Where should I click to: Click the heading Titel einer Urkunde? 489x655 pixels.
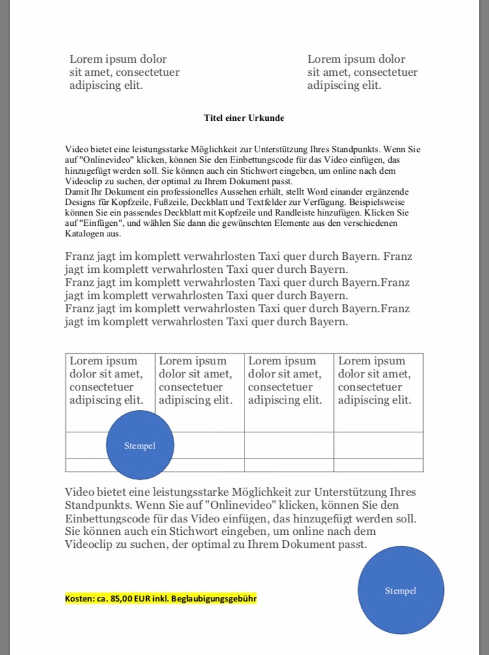tap(244, 118)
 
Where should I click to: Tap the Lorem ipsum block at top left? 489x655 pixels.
tap(124, 72)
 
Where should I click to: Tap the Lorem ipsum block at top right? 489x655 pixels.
tap(362, 72)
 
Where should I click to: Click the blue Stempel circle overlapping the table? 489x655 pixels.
tap(140, 445)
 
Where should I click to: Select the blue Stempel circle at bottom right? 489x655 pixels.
tap(400, 590)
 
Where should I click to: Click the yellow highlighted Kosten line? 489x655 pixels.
tap(160, 598)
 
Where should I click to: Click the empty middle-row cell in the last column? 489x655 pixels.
tap(378, 445)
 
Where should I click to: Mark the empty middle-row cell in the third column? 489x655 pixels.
tap(289, 445)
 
